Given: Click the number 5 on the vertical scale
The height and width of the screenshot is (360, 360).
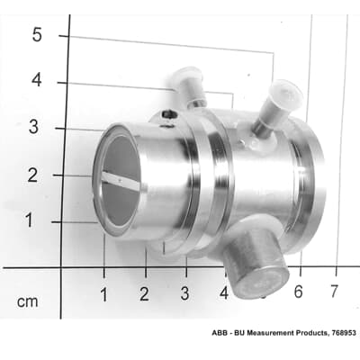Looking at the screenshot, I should point(37,36).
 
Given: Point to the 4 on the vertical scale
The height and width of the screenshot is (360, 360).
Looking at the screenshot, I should point(37,80).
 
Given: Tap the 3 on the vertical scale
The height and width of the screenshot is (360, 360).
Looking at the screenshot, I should point(33,127).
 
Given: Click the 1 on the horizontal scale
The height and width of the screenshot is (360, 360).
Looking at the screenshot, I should point(103,293).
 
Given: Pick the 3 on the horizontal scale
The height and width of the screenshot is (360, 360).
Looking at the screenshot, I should point(184,293).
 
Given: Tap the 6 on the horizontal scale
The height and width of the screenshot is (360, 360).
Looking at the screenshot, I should point(298,292).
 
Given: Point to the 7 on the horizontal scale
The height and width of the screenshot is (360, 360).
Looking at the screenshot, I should point(334,292).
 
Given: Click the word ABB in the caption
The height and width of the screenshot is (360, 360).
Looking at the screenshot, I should point(220,334).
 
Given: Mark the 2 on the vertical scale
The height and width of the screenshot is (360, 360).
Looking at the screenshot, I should point(33,174).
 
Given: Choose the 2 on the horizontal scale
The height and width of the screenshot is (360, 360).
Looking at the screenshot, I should point(144,293).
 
